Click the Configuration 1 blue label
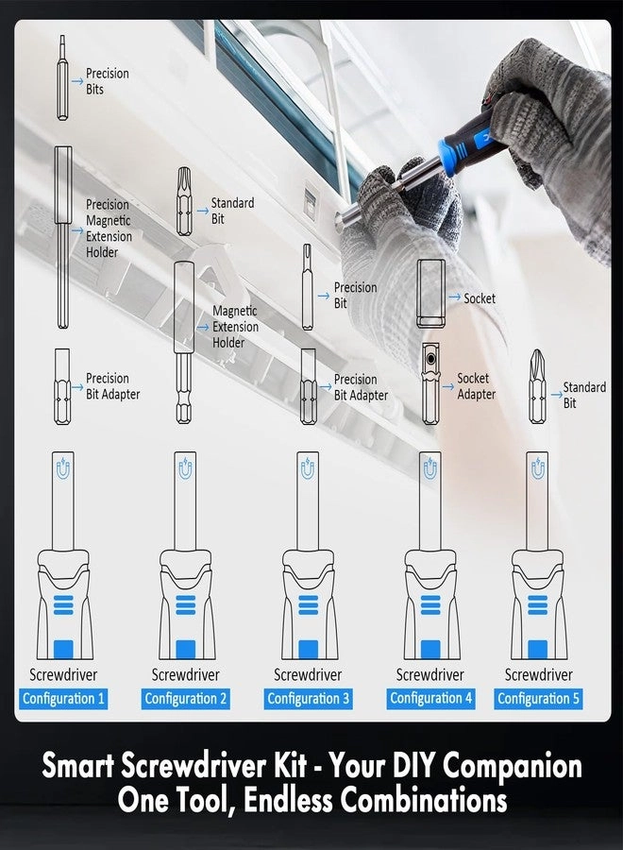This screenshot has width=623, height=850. tap(63, 699)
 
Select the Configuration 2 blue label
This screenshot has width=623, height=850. tap(185, 699)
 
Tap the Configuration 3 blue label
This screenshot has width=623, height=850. tap(308, 699)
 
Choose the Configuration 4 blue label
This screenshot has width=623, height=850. tap(430, 699)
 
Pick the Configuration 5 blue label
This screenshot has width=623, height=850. tap(539, 699)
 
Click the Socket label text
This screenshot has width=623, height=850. tap(479, 298)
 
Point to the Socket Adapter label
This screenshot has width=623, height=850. tap(475, 386)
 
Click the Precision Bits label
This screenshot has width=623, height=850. tap(107, 81)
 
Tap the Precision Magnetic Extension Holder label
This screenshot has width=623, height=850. tap(109, 229)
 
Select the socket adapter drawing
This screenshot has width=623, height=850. tap(430, 383)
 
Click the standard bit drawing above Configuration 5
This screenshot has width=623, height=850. tap(537, 387)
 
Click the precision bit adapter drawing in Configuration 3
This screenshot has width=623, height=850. tap(308, 387)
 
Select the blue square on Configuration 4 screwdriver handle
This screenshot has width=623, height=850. tap(430, 649)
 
